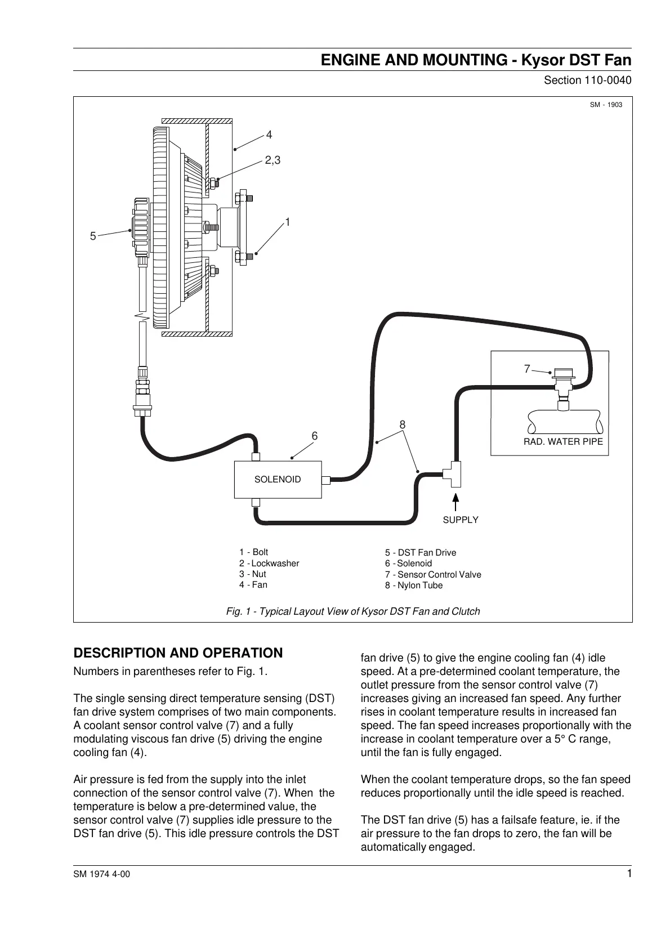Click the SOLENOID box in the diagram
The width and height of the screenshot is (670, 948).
point(278,480)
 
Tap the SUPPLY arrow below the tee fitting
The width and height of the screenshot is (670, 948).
point(456,502)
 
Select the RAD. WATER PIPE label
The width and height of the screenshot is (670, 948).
point(563,441)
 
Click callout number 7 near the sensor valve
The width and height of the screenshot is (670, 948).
point(527,369)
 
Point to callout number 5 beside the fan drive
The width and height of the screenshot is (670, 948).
point(93,236)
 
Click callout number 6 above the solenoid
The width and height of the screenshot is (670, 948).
point(315,436)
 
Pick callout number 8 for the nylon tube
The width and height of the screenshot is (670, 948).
point(403,425)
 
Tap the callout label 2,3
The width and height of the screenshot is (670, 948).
point(273,160)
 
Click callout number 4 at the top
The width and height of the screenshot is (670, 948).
point(269,135)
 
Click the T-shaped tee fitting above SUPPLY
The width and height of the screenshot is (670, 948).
point(453,474)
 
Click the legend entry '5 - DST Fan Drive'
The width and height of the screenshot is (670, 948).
point(421,553)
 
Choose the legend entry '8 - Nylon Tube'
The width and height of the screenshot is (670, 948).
point(414,585)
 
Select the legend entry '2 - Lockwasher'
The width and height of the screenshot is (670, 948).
point(269,564)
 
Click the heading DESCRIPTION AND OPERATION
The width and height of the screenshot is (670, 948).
point(178,653)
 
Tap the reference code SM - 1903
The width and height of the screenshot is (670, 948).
point(606,105)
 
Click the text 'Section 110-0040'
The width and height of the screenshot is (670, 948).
point(587,81)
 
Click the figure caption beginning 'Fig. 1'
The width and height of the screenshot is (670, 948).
point(353,611)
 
